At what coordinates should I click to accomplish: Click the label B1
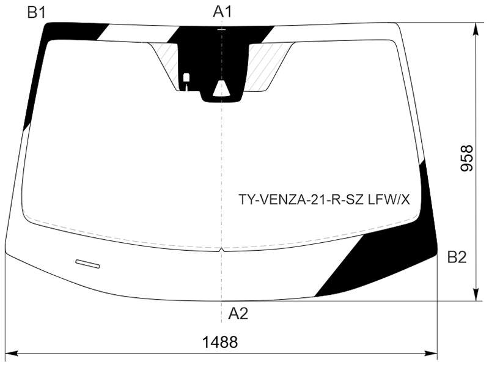coord(37,12)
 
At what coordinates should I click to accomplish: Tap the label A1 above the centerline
coord(222,12)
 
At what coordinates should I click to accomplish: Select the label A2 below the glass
coord(238,313)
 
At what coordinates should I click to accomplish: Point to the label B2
coord(457,258)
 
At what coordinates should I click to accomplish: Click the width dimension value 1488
coord(220,342)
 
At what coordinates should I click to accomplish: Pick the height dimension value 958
coord(467,158)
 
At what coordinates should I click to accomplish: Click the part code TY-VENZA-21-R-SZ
coord(301,199)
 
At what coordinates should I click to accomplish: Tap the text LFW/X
coord(389,199)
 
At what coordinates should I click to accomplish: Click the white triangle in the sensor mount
coord(221,87)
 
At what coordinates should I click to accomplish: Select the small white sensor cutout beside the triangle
coord(186,80)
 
